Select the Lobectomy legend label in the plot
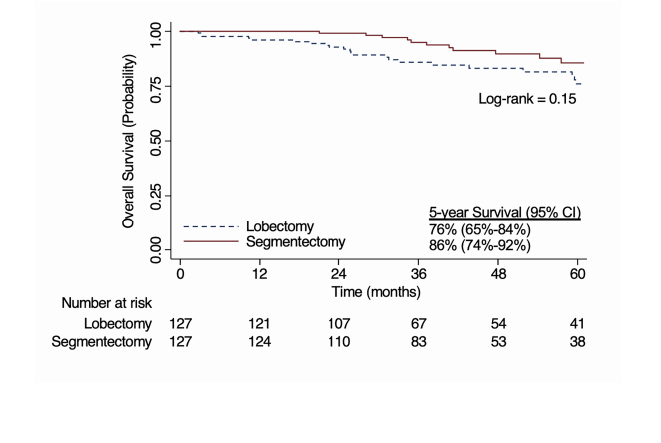click(x=294, y=227)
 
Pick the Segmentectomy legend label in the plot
click(x=303, y=242)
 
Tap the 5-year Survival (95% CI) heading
click(x=505, y=213)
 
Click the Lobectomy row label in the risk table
click(x=118, y=324)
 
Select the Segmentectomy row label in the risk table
click(x=105, y=343)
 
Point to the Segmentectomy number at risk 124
click(x=260, y=343)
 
